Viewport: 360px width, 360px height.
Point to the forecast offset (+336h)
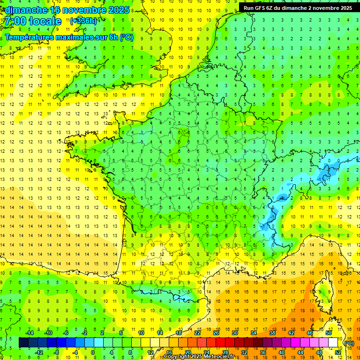tap(83, 21)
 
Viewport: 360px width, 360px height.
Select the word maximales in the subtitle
tap(74, 37)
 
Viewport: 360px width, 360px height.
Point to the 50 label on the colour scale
tap(329, 333)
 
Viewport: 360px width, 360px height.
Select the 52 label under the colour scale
tap(338, 352)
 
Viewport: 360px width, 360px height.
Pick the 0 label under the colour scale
tap(93, 352)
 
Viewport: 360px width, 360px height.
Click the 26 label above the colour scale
tap(216, 333)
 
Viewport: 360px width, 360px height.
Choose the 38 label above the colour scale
tap(272, 333)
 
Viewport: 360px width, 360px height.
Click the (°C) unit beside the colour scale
tap(349, 343)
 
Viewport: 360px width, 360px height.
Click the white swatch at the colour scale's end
tap(333, 343)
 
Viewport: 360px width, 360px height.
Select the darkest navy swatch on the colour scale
tap(23, 343)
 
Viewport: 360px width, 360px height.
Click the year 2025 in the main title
tap(115, 10)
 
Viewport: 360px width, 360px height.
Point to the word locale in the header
tap(45, 21)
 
